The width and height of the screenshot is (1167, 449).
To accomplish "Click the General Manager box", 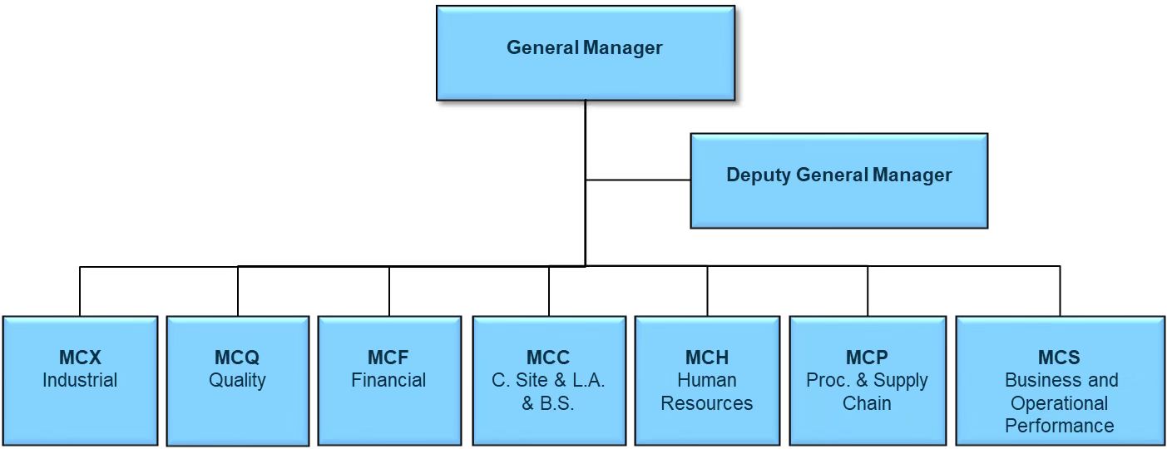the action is click(586, 53).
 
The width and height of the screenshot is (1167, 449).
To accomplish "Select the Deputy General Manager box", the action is click(838, 180).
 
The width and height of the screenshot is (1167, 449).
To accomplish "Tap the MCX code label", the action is click(80, 358).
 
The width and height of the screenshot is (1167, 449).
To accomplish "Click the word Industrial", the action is click(80, 380).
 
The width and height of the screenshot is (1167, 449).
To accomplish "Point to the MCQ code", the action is click(237, 358).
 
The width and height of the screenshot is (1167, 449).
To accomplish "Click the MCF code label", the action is click(388, 358).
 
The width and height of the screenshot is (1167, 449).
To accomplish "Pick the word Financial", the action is click(388, 380).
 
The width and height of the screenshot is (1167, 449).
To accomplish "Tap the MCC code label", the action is click(548, 358).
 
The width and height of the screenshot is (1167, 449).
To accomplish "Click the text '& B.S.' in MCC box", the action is click(548, 403).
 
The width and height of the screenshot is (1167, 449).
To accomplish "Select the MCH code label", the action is click(707, 358).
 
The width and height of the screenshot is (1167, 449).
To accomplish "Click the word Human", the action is click(707, 380).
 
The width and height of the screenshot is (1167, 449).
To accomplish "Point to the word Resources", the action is click(707, 403).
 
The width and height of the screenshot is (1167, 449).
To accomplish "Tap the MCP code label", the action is click(867, 358).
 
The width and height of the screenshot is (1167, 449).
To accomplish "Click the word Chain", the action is click(867, 403).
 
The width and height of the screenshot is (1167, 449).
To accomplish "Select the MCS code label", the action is click(1059, 358).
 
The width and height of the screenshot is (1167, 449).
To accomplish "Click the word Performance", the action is click(1059, 426).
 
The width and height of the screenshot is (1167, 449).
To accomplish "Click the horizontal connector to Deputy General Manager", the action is click(638, 180).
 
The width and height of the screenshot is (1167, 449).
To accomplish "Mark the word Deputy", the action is click(759, 175).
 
